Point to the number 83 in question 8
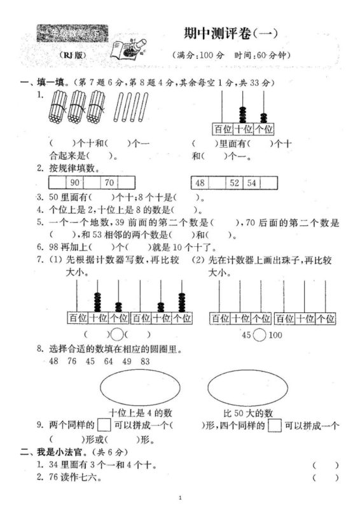145,361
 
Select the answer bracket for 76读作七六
325,477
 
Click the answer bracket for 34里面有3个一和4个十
325,464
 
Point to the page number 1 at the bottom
180,497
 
